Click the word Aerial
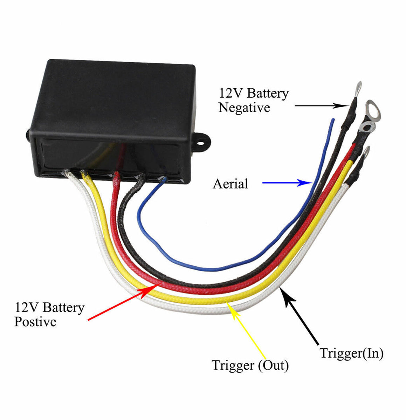pos(230,184)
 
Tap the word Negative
pos(244,107)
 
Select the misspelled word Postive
pos(35,322)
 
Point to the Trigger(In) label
pos(351,353)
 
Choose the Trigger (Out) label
pos(250,365)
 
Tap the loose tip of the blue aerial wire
pos(333,120)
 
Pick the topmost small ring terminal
pos(358,85)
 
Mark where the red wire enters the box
pos(116,174)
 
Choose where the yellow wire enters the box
pos(84,173)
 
